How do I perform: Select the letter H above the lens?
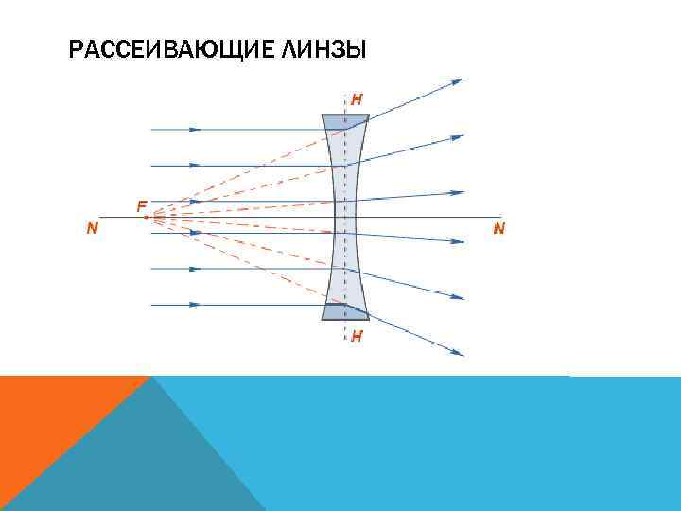coord(357,98)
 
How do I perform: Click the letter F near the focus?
coord(141,205)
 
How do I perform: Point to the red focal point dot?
coord(147,217)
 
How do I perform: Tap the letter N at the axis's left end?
coord(92,228)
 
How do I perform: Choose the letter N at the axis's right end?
coord(498,228)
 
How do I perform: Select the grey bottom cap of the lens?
coord(344,311)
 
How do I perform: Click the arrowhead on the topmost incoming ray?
coord(195,129)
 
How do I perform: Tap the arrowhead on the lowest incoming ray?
coord(195,305)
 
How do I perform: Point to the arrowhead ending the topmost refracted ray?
coord(458,81)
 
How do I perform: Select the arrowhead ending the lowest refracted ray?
coord(458,353)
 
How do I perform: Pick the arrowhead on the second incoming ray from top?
coord(195,166)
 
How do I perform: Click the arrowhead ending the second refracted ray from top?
coord(458,138)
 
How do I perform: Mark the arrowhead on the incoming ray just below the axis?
coord(195,233)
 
